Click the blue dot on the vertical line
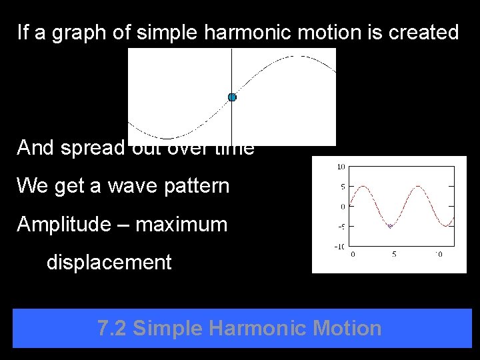tap(232, 97)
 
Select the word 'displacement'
tap(109, 263)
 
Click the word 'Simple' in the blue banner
tap(173, 329)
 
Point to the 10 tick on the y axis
tap(341, 167)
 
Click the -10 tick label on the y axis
tap(339, 247)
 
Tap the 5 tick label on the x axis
tap(394, 255)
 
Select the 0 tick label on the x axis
tap(353, 255)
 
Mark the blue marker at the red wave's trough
tap(390, 227)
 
